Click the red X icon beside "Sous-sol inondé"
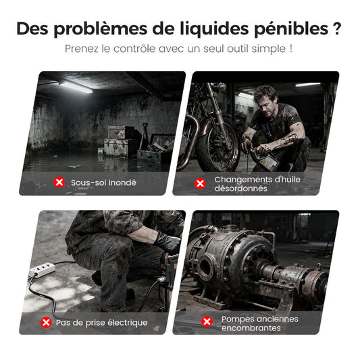tap(59, 182)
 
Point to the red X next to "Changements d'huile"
tap(200, 184)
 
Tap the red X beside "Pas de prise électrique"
tap(46, 322)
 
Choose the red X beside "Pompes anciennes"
tap(207, 322)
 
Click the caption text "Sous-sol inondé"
tap(103, 182)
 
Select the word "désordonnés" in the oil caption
tap(240, 188)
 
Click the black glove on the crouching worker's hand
tap(167, 242)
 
